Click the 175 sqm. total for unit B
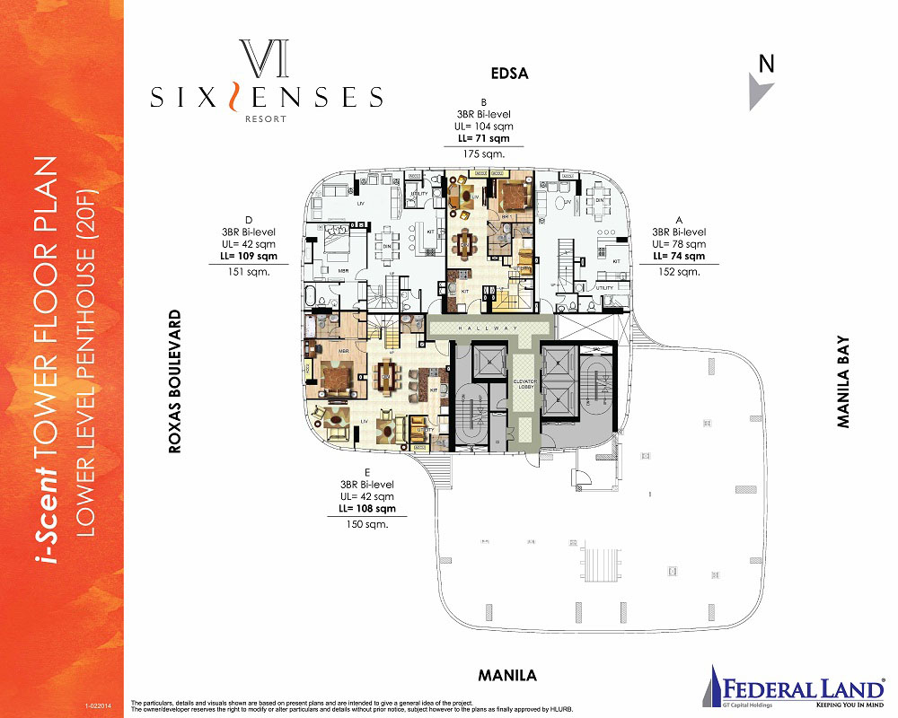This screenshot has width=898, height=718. pos(484,154)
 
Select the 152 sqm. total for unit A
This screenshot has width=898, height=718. pos(678,272)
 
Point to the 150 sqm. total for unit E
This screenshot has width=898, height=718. pos(369,525)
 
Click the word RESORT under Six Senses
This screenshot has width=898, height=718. pos(266,118)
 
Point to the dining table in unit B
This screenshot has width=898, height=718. pos(465,241)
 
